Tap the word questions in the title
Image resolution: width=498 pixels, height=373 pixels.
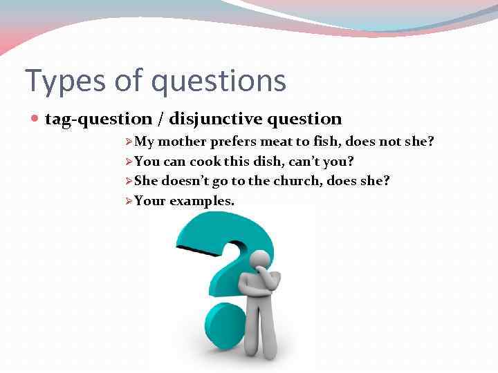point(219,81)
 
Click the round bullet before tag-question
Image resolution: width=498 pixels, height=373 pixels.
point(36,119)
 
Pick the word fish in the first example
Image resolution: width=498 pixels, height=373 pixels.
point(325,142)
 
